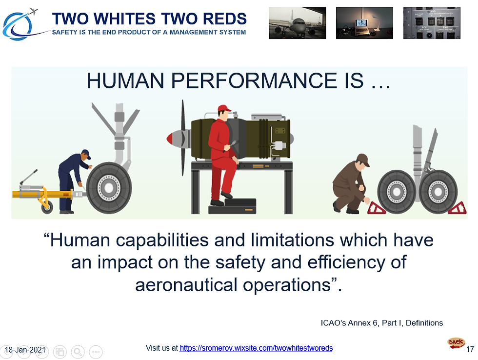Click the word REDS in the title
point(225,19)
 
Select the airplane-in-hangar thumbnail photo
point(297,23)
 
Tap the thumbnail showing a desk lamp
point(364,23)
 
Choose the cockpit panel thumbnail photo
point(432,23)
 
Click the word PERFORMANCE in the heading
point(254,81)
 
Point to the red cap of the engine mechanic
point(224,108)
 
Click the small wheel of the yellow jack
point(47,208)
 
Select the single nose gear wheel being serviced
point(109,188)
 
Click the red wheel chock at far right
point(457,208)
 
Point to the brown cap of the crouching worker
point(363,159)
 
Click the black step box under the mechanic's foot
point(232,206)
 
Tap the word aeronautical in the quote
point(186,285)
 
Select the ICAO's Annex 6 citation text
point(381,323)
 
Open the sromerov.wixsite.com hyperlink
point(256,348)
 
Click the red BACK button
point(456,343)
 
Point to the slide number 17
point(470,350)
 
